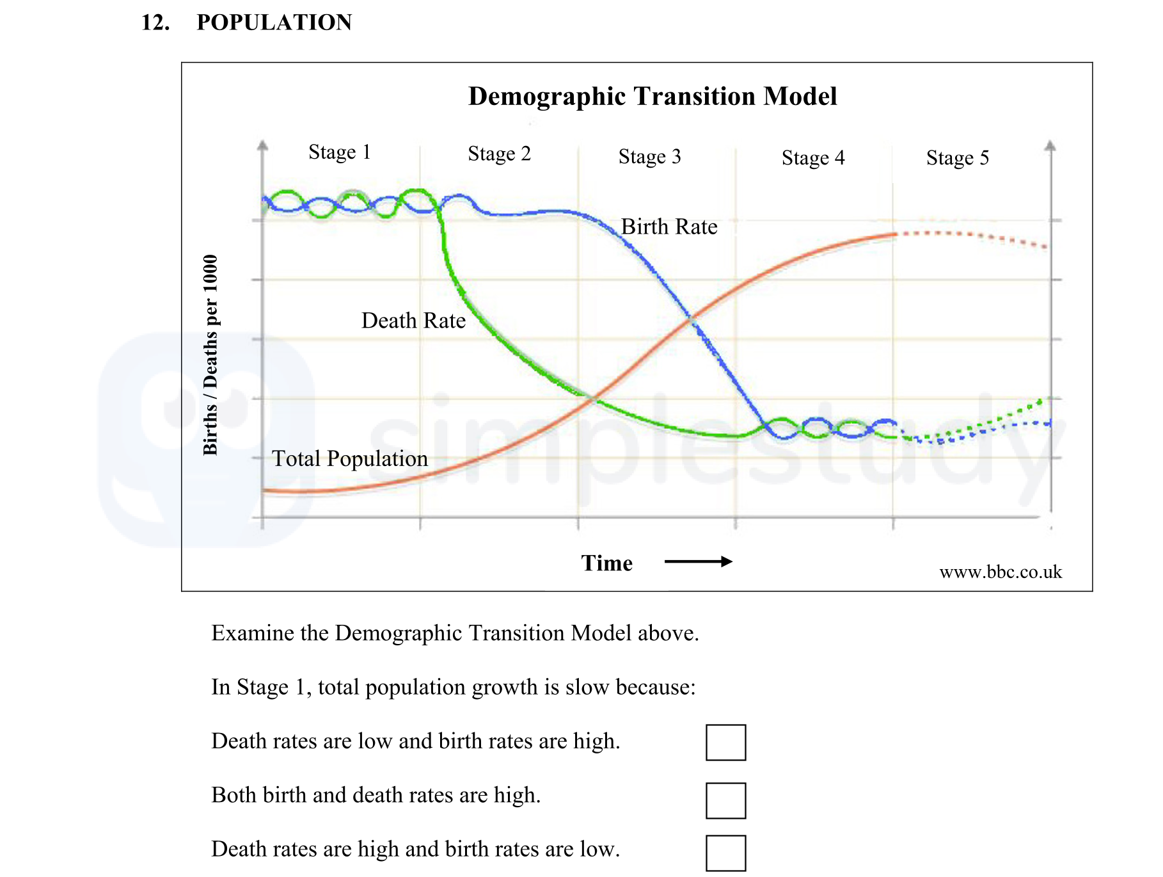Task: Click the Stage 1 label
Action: pyautogui.click(x=339, y=152)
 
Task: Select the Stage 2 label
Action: pyautogui.click(x=499, y=154)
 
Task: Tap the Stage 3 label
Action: pyautogui.click(x=649, y=157)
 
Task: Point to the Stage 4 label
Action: pyautogui.click(x=812, y=158)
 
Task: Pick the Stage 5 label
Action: pyautogui.click(x=957, y=158)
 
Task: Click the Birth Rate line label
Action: pyautogui.click(x=669, y=227)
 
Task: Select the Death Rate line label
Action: pyautogui.click(x=413, y=321)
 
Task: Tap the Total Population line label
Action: pyautogui.click(x=349, y=458)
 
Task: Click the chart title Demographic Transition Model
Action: pyautogui.click(x=652, y=97)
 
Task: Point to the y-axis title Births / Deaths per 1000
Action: pyautogui.click(x=210, y=355)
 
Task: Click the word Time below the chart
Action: pyautogui.click(x=606, y=563)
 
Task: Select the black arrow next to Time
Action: pyautogui.click(x=698, y=561)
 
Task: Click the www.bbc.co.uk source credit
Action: pyautogui.click(x=1000, y=572)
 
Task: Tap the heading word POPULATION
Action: pyautogui.click(x=274, y=22)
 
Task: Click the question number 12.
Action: pyautogui.click(x=155, y=22)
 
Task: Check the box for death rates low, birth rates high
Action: pyautogui.click(x=725, y=742)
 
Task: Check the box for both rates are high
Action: pyautogui.click(x=725, y=800)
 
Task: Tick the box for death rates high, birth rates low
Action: pyautogui.click(x=725, y=853)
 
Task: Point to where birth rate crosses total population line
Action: pyautogui.click(x=692, y=318)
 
